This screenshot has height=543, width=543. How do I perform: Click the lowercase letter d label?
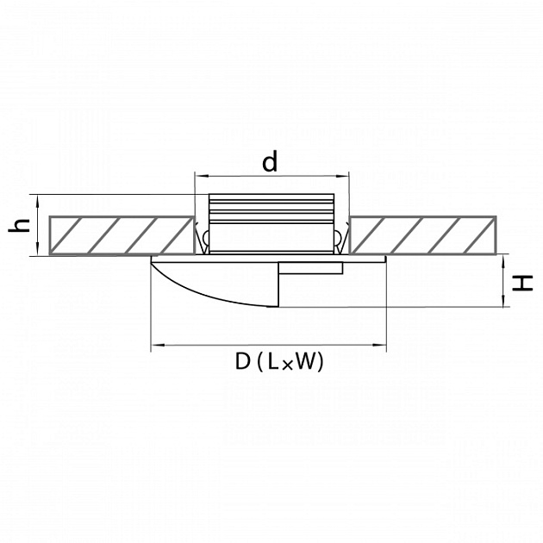coord(271,161)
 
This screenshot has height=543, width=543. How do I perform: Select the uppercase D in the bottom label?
coord(242,363)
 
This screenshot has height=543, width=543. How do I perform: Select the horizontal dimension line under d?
coord(271,174)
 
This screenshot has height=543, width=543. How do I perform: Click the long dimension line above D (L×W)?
coord(268,346)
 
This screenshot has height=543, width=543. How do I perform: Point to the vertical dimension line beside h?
coord(39,225)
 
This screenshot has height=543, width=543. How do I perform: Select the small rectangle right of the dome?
coord(310,269)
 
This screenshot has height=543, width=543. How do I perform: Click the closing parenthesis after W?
coord(321,363)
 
